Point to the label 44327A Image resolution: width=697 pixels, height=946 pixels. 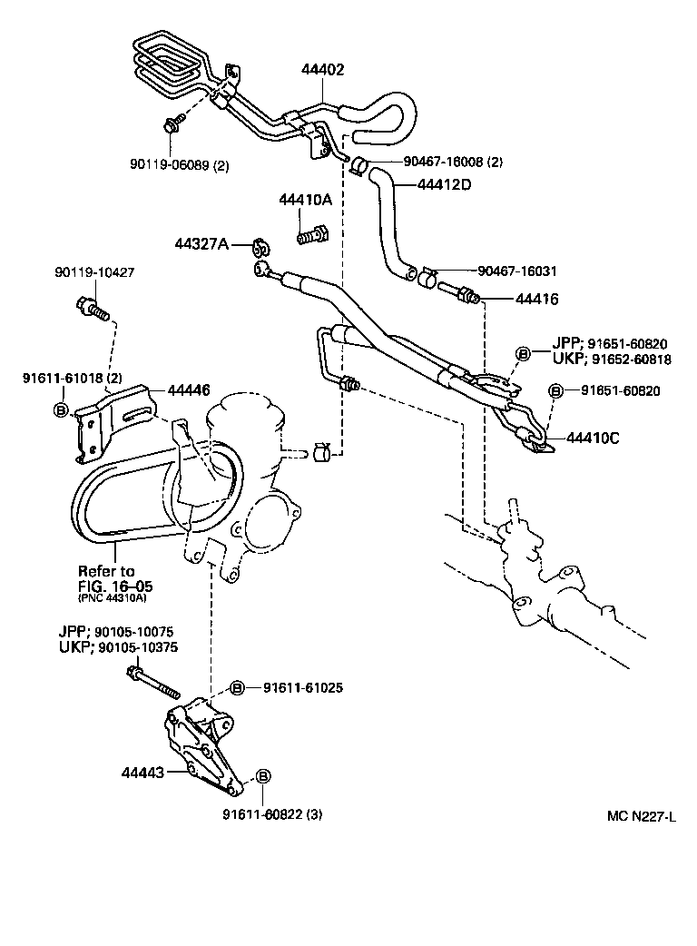(204, 244)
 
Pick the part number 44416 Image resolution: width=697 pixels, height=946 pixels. (536, 299)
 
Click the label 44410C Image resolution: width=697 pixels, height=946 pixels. (593, 437)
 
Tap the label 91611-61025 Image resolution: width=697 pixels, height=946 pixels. (303, 687)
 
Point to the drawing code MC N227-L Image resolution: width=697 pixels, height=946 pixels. (642, 815)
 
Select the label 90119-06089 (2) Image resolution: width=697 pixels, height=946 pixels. (180, 166)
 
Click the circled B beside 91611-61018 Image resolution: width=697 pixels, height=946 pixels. (62, 411)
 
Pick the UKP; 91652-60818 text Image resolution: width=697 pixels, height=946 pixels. (611, 360)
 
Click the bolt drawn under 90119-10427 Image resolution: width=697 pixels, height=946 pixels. (93, 310)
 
